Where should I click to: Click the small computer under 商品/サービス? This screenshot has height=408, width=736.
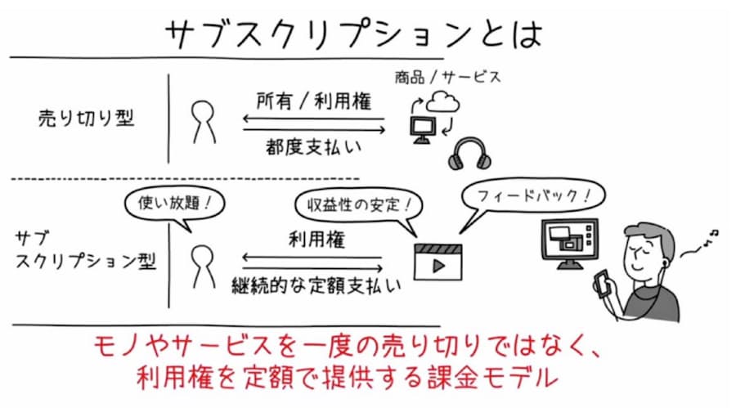tap(422, 128)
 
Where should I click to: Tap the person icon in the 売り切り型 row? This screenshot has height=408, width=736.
tap(200, 121)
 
